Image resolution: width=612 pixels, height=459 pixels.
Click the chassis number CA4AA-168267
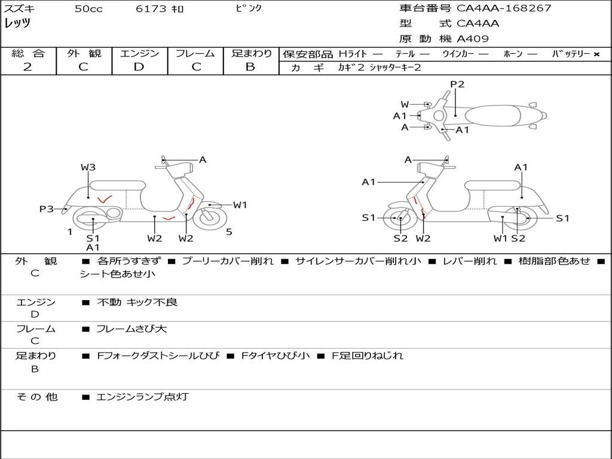click(x=504, y=8)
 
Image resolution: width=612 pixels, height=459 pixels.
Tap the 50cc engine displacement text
click(x=88, y=9)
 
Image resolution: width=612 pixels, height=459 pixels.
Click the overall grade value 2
click(x=27, y=67)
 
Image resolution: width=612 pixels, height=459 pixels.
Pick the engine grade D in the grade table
click(x=139, y=67)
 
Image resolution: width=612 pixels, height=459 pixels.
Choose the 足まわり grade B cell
click(x=250, y=67)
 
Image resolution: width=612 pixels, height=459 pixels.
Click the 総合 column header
click(x=27, y=53)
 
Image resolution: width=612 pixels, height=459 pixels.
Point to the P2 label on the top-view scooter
click(x=457, y=84)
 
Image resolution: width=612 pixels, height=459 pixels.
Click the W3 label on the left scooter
click(x=88, y=167)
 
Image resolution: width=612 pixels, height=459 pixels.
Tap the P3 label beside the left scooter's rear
click(x=47, y=209)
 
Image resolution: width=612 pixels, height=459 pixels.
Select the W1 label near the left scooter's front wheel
click(x=240, y=205)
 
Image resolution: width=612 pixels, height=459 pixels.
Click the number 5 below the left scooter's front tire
click(x=229, y=232)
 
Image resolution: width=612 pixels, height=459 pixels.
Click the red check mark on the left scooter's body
click(x=105, y=198)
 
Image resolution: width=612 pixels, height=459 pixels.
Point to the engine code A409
click(x=473, y=39)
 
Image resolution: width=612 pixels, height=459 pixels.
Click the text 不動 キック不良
click(x=137, y=302)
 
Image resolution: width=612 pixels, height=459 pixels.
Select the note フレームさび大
click(x=131, y=329)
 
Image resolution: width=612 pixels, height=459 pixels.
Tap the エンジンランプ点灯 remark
click(x=142, y=396)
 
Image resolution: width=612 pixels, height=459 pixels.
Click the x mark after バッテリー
click(x=596, y=54)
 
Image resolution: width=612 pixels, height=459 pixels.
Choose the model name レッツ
click(x=17, y=23)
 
